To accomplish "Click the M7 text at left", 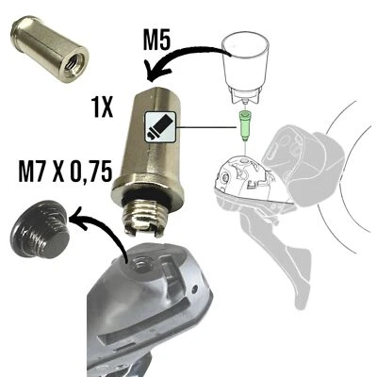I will click(x=34, y=171).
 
